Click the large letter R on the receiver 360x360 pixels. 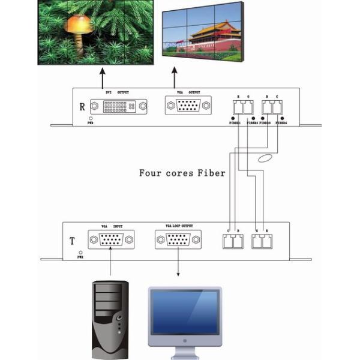(x=81, y=108)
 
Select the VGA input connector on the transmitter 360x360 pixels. (x=111, y=241)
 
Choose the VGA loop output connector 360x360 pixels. (x=179, y=241)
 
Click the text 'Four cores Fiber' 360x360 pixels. (x=182, y=173)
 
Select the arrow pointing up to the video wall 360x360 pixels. (x=175, y=77)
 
